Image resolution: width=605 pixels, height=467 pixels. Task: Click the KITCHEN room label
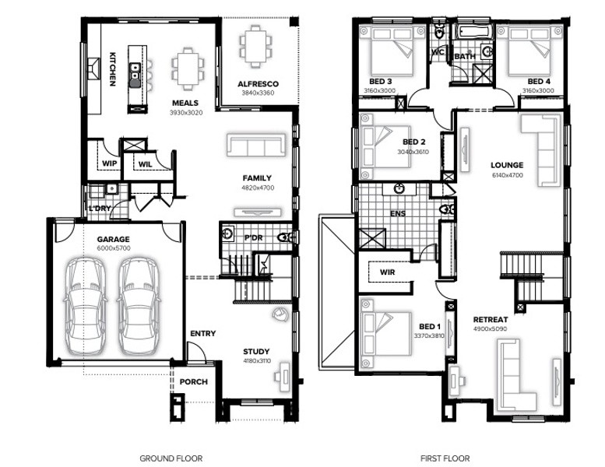(x=112, y=69)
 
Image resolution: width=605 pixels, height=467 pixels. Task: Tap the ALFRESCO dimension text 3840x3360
(x=258, y=93)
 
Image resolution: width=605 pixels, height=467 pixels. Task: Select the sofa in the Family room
(x=256, y=145)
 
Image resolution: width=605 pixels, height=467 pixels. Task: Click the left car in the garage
(x=86, y=306)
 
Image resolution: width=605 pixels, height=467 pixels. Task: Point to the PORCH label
(x=193, y=382)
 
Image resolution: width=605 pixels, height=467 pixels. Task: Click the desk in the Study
(x=285, y=373)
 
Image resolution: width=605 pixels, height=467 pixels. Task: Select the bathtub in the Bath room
(x=475, y=32)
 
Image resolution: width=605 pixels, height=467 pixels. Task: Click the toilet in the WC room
(x=439, y=33)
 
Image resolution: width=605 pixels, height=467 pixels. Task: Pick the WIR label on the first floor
(x=388, y=272)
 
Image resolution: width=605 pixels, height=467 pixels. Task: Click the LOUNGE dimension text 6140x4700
(x=508, y=175)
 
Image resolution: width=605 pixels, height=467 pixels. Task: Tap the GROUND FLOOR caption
(x=171, y=458)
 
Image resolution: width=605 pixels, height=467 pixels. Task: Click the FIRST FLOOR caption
(x=445, y=458)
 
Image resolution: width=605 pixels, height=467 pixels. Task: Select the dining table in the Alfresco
(x=255, y=46)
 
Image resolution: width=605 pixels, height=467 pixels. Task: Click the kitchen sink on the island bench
(x=134, y=75)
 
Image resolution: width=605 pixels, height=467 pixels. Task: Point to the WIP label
(x=109, y=163)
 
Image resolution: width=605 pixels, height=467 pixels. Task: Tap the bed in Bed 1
(x=387, y=334)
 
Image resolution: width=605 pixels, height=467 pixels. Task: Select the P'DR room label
(x=254, y=238)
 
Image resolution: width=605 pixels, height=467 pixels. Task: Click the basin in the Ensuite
(x=399, y=189)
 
